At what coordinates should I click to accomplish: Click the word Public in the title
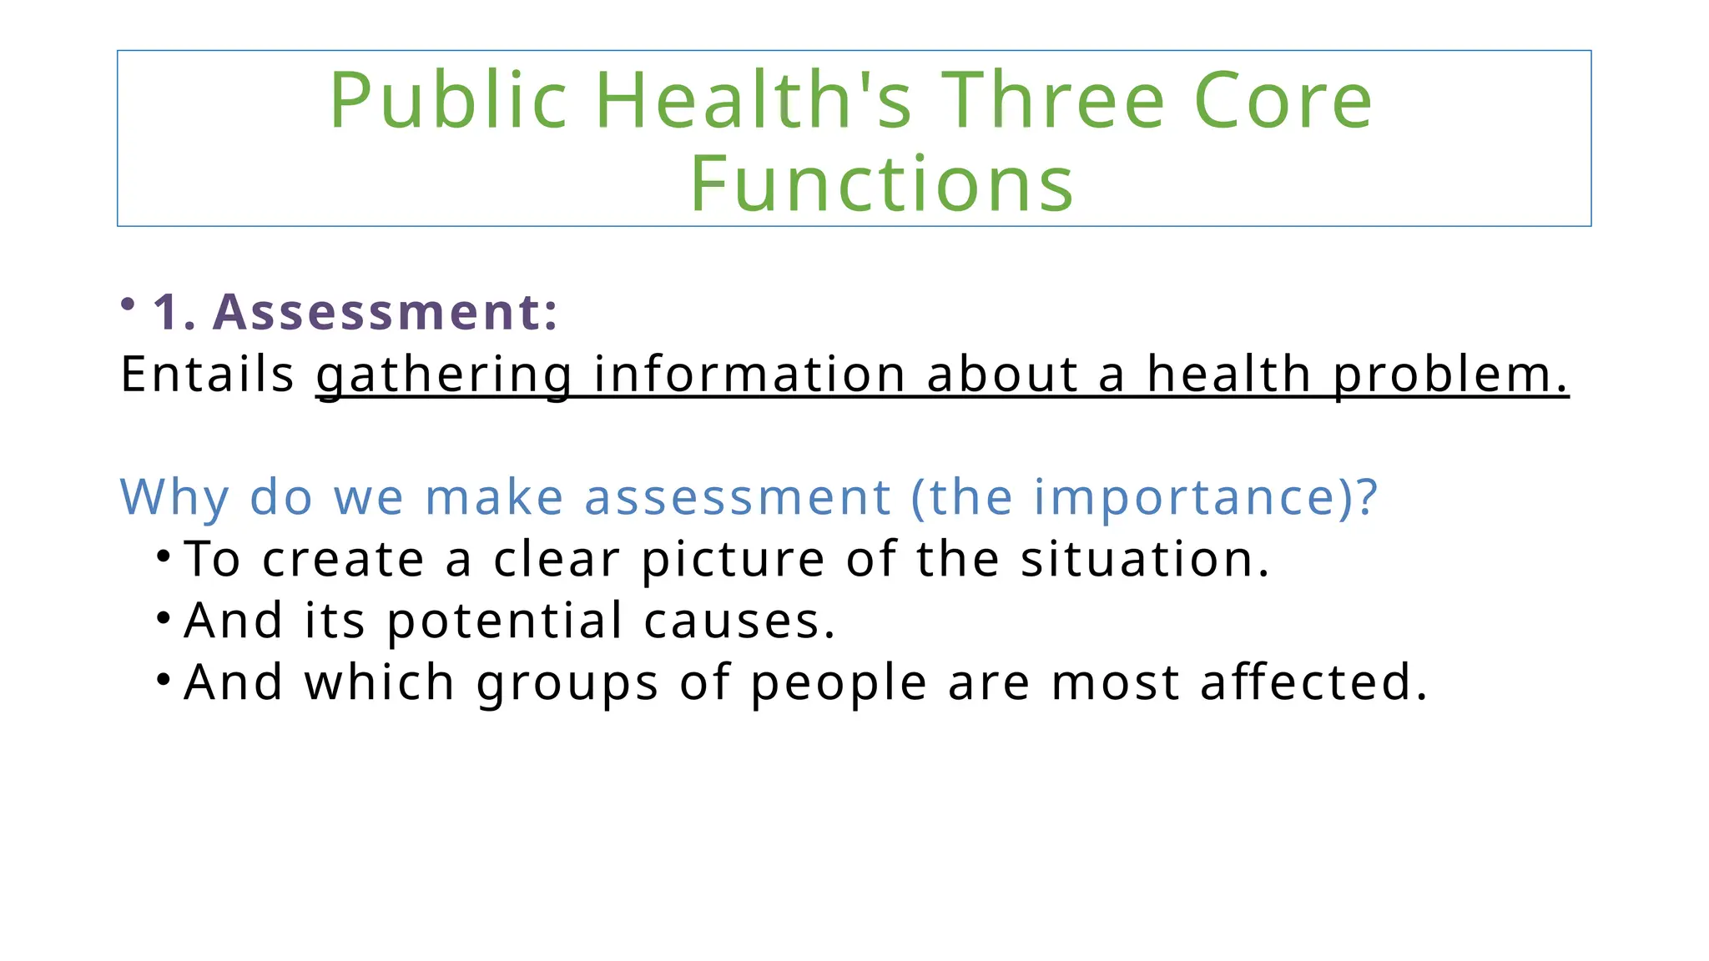448,102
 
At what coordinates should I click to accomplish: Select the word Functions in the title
881,184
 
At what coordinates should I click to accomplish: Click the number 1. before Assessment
174,312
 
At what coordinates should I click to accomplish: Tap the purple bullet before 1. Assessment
128,304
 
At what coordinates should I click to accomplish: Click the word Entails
207,374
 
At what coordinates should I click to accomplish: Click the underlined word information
749,374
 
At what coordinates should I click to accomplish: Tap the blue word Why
174,498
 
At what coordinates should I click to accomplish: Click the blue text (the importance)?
1144,498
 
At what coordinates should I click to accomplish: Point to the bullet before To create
164,555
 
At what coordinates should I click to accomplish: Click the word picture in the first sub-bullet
733,560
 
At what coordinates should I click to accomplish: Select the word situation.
1144,559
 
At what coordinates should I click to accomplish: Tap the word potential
504,621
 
